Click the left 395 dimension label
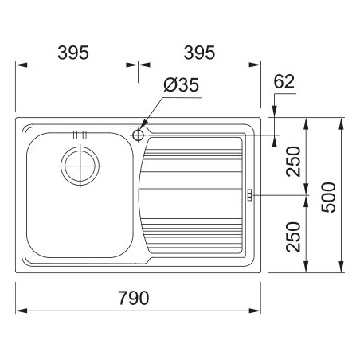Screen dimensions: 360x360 pos(73,53)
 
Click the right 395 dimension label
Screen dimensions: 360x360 pos(199,53)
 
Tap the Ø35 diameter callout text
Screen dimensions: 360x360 pos(182,85)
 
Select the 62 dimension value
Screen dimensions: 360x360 pos(284,81)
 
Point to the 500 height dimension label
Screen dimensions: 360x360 pos(328,198)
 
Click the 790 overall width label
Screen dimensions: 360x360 pos(134,298)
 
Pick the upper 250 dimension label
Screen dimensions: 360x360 pos(293,162)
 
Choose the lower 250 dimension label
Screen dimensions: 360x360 pos(293,237)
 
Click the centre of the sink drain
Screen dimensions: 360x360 pos(80,166)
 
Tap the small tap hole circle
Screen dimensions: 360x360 pos(138,135)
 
